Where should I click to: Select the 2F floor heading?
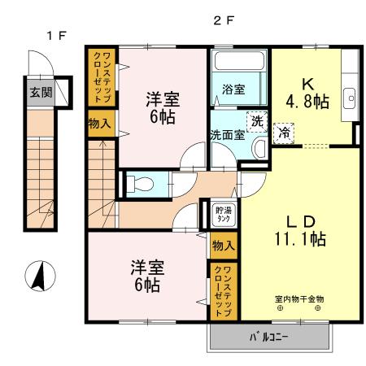pos(224,22)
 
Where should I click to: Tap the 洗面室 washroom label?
pos(228,135)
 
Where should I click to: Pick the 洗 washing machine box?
pos(257,120)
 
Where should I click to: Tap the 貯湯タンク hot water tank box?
pos(222,215)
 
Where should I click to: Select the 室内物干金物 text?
pos(298,298)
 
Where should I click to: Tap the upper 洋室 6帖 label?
pos(163,107)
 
